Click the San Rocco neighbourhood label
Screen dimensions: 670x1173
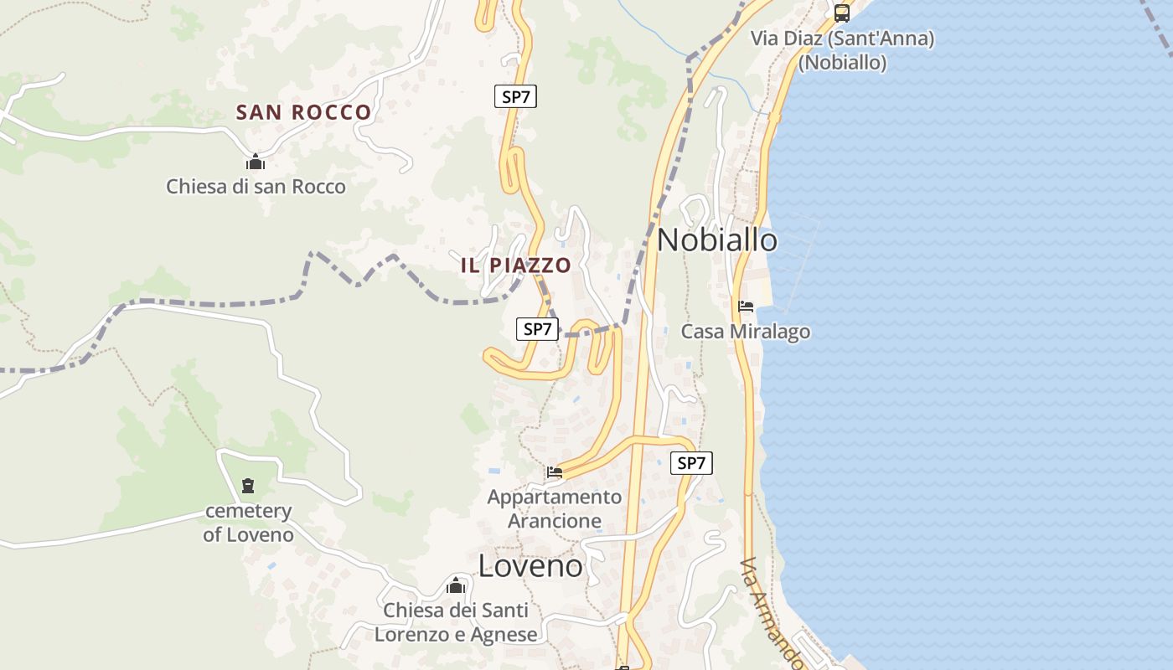tap(303, 112)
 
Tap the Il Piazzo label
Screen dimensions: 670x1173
tap(516, 265)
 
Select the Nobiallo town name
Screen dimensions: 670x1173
tap(717, 240)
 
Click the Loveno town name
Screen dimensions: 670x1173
tap(530, 566)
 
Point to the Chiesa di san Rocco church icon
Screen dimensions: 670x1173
tap(256, 162)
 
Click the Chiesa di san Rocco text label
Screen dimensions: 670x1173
tap(256, 186)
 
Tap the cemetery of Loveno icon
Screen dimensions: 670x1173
tap(248, 486)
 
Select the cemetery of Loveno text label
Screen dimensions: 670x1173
tap(248, 523)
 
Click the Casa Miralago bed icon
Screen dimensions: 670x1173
tap(746, 307)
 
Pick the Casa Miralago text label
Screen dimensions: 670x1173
tap(746, 332)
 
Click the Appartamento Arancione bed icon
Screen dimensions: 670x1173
tap(555, 472)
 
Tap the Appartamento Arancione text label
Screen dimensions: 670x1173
tap(555, 508)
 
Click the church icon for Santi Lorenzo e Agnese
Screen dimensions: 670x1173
tap(456, 585)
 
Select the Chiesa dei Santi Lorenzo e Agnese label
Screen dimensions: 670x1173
tap(456, 622)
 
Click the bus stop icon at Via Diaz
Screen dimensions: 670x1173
tap(842, 13)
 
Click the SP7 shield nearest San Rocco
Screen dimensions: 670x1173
tap(515, 96)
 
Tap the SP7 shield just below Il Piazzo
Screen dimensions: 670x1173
tap(537, 329)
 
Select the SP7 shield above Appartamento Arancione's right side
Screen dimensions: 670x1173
tap(691, 463)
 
